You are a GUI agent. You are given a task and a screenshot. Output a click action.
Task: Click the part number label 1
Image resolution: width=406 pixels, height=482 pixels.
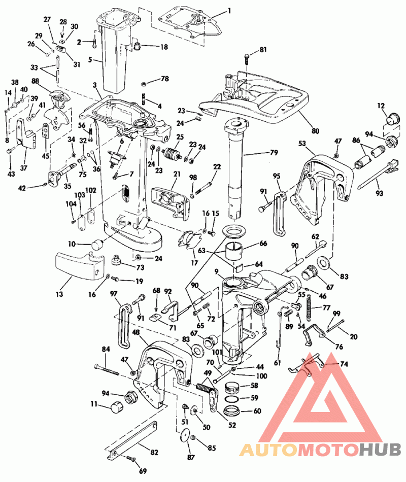(x=229, y=10)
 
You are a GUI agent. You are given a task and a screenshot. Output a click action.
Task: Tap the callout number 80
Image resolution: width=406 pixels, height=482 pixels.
(x=315, y=131)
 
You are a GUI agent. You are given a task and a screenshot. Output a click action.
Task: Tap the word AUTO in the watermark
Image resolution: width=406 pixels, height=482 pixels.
(x=267, y=449)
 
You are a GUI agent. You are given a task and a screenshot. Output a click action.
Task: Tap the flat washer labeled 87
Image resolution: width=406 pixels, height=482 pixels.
(x=185, y=435)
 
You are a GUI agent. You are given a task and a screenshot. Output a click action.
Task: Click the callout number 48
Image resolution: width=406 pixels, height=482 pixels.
(x=136, y=332)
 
